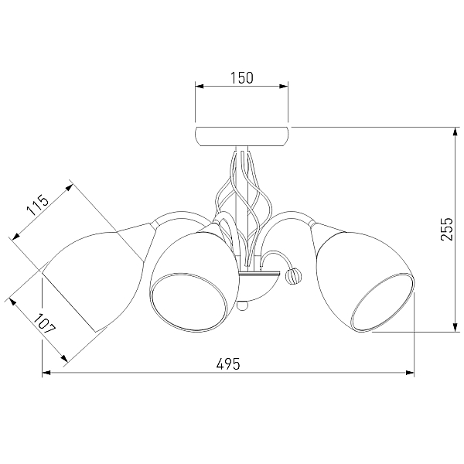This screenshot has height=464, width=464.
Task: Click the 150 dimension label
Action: pyautogui.click(x=242, y=78)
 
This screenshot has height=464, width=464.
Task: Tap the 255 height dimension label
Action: pyautogui.click(x=447, y=230)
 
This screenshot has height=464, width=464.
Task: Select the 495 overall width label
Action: pyautogui.click(x=228, y=363)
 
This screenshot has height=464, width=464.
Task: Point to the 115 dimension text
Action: pyautogui.click(x=37, y=204)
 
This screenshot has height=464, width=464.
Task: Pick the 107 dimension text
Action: pyautogui.click(x=44, y=324)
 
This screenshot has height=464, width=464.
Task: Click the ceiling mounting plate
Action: pyautogui.click(x=242, y=136)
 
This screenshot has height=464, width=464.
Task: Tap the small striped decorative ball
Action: pyautogui.click(x=292, y=276)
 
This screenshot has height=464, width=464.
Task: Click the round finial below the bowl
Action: pyautogui.click(x=242, y=305)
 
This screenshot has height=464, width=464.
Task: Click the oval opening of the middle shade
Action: pyautogui.click(x=189, y=302)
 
